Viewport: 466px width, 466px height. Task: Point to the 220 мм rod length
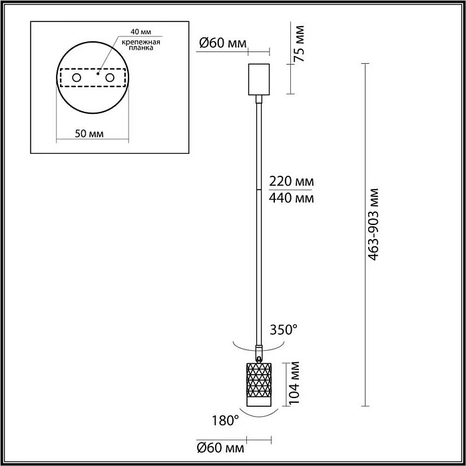click(290, 182)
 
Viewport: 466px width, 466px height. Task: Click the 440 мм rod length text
click(290, 198)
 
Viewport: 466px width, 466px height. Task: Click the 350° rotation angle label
click(283, 330)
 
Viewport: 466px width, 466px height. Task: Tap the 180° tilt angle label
click(226, 420)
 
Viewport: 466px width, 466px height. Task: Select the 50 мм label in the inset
click(89, 133)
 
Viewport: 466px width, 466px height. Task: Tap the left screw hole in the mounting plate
click(77, 79)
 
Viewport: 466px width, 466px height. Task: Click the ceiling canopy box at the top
click(258, 79)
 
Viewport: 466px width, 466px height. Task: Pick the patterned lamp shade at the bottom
click(259, 381)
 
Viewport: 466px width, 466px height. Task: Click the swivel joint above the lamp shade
click(259, 351)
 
